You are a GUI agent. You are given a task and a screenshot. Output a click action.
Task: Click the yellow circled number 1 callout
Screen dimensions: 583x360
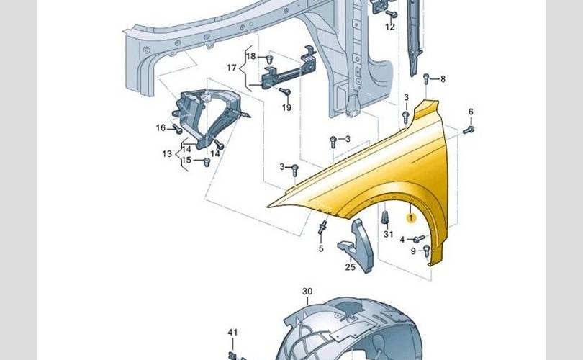pos(411,218)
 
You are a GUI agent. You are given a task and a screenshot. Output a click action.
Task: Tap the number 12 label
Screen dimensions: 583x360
pos(389,27)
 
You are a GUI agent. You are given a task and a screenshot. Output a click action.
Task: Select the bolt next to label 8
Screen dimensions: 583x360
pos(426,78)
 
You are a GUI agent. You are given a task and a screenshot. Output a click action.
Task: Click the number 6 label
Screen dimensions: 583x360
pos(471,112)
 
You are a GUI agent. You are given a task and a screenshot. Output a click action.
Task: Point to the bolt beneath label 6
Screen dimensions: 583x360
pos(469,130)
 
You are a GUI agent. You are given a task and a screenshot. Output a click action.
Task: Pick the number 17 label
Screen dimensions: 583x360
pos(231,68)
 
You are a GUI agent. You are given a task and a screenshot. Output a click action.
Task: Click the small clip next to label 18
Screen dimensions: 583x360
pos(270,59)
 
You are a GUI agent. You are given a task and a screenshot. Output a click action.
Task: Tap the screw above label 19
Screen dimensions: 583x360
pos(285,91)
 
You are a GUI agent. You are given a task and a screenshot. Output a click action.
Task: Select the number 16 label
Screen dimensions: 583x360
pos(161,128)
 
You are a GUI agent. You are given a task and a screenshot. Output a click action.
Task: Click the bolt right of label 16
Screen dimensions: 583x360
pos(177,130)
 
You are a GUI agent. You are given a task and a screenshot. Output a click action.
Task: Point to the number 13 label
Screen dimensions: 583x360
pos(167,153)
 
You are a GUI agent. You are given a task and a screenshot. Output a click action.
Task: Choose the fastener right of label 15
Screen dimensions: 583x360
pos(207,162)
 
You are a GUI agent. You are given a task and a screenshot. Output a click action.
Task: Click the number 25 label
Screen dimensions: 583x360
pos(351,267)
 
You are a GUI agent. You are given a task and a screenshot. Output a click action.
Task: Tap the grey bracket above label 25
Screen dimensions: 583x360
pos(356,245)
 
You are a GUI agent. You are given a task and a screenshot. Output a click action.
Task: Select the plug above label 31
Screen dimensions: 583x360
pos(385,217)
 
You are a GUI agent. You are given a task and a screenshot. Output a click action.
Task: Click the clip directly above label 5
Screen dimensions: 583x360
pos(322,227)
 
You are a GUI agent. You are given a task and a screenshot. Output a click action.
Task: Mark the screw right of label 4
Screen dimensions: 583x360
pos(419,239)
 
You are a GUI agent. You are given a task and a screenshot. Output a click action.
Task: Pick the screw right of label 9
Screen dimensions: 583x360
pos(427,251)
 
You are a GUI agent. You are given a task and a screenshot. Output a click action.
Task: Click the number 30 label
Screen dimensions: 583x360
pos(307,292)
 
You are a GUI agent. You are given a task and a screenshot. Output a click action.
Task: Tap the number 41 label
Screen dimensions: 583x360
pos(232,332)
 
